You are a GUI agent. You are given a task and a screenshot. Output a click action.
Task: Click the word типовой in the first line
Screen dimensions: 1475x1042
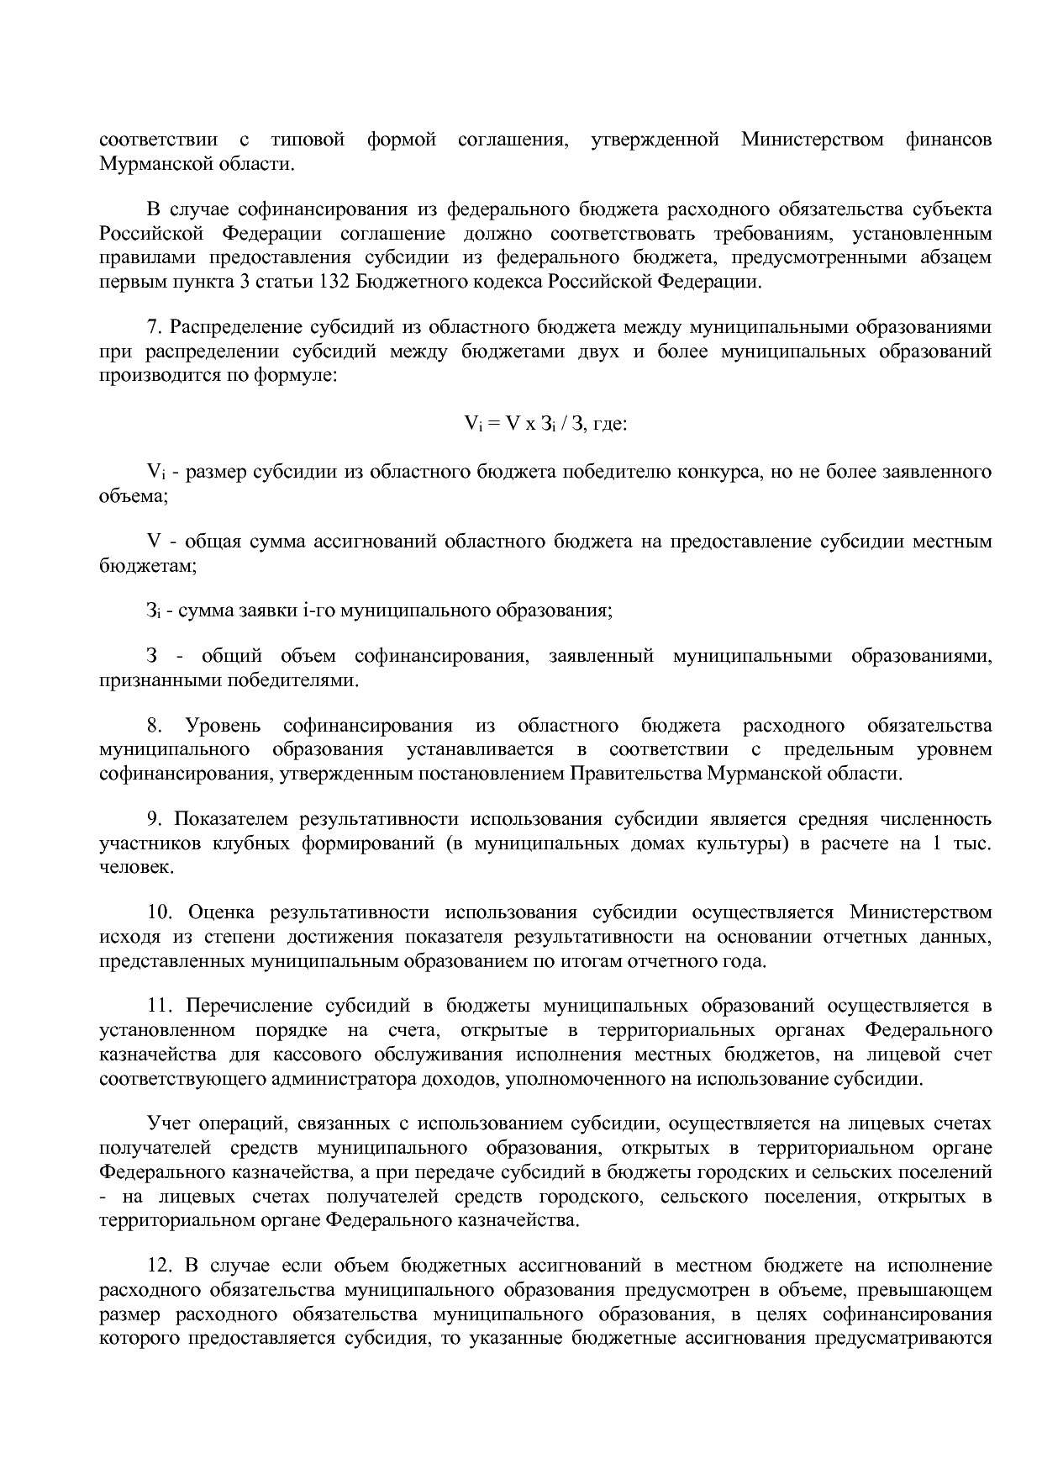pos(308,140)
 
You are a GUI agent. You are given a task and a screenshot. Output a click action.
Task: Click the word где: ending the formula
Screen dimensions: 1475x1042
pos(611,425)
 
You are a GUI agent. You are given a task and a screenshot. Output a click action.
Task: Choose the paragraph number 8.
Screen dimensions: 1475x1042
pos(154,726)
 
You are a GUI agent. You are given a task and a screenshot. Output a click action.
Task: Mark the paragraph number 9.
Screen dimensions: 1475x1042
pos(154,819)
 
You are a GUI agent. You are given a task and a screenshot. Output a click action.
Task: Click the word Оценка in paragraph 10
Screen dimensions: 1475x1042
pos(223,912)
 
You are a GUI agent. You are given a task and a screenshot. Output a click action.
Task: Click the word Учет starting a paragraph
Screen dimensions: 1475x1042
pos(167,1124)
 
